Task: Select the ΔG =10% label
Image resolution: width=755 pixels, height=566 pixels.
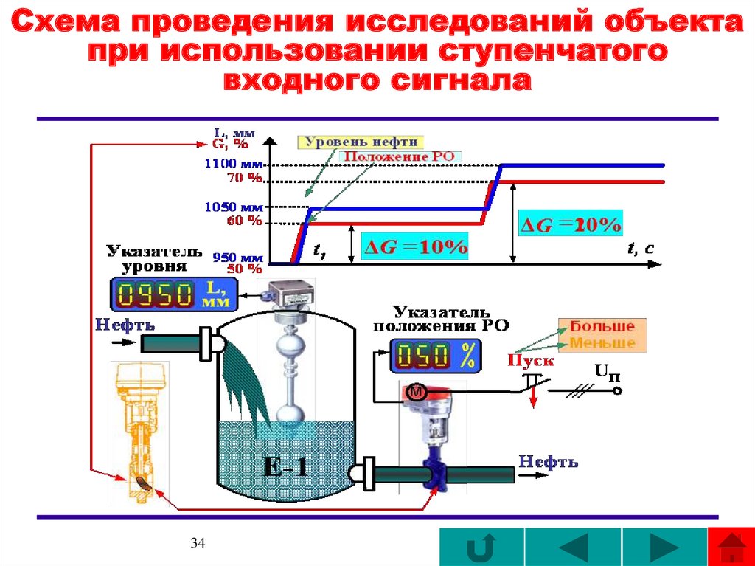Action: tap(414, 247)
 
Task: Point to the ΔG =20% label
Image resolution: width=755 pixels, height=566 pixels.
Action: tap(571, 222)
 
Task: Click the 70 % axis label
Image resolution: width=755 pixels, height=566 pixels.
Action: tap(245, 178)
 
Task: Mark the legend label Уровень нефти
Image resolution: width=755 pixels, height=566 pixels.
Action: tap(360, 142)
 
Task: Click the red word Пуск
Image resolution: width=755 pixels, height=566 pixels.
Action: tap(531, 361)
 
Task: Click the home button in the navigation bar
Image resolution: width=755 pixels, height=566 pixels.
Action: tap(730, 548)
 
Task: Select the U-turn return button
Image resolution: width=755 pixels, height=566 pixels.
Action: tap(481, 548)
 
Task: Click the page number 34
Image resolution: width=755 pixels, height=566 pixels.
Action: tap(197, 544)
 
